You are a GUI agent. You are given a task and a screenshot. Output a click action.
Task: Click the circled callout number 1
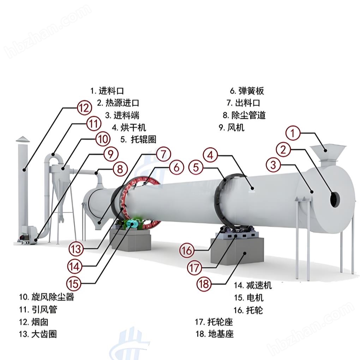[x=293, y=133]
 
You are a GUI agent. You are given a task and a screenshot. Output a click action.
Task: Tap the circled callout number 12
[x=84, y=108]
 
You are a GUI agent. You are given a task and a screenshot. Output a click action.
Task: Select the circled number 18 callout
[x=204, y=284]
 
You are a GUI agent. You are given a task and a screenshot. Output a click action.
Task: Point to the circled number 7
[x=163, y=155]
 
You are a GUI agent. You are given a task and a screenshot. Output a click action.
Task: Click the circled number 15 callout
[x=74, y=283]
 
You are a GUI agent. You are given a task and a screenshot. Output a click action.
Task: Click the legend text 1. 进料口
[x=107, y=91]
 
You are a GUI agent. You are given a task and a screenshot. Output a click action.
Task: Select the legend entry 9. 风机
[x=231, y=127]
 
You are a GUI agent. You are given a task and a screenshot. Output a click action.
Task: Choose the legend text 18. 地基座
[x=215, y=334]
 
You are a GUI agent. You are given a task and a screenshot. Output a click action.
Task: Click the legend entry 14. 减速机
[x=253, y=285]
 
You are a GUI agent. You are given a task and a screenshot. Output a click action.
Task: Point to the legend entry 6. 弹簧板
[x=247, y=91]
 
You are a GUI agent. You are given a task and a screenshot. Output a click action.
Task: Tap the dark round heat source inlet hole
[x=334, y=200]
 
